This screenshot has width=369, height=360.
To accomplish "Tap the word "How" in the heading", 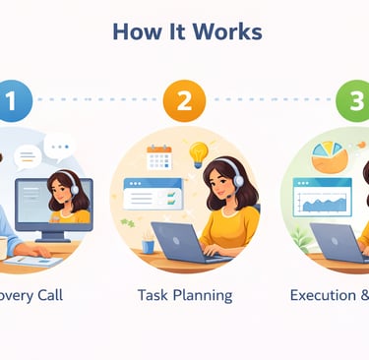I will [134, 31].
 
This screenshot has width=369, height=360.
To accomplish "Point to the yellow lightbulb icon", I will [198, 153].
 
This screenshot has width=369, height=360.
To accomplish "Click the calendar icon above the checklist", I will [158, 157].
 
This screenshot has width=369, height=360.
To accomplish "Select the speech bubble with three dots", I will [60, 147].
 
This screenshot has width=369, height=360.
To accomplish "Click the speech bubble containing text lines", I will [30, 155].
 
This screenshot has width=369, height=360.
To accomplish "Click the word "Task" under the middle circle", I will [154, 294].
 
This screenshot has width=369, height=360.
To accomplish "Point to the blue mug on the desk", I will [148, 246].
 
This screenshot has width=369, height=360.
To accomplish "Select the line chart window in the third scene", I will [323, 200].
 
